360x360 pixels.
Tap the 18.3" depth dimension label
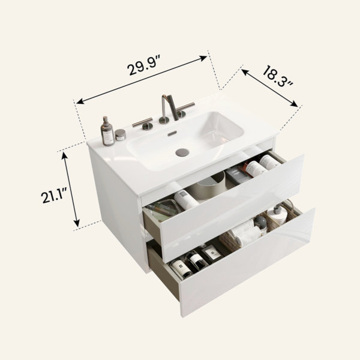(277, 76)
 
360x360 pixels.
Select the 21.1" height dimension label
(54, 194)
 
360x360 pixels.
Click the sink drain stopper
(182, 152)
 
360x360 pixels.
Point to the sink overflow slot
(172, 133)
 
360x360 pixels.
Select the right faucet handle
(184, 109)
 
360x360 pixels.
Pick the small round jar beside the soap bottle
(121, 135)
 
